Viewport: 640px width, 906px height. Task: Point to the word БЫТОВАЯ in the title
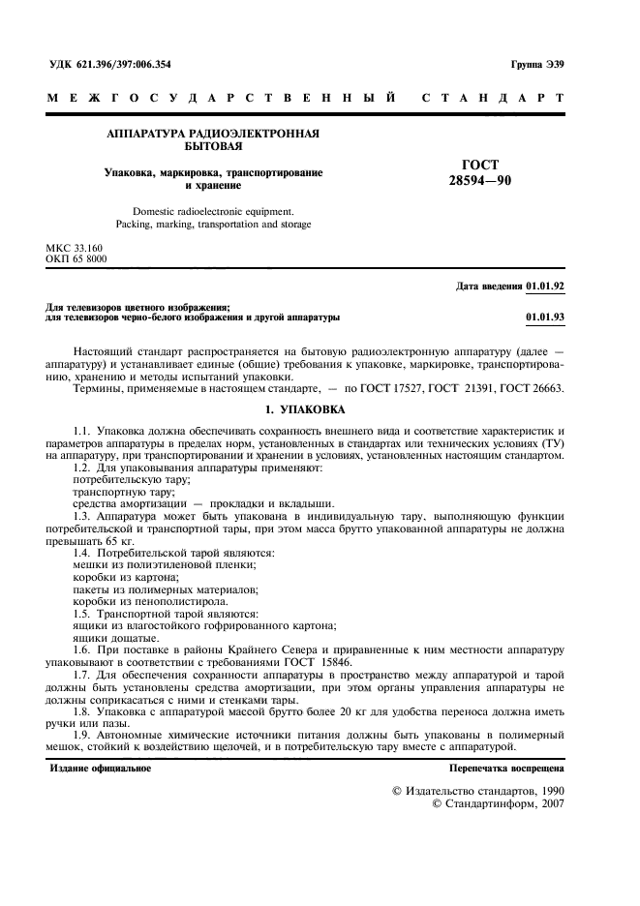point(213,147)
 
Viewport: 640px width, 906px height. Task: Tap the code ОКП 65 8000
point(77,259)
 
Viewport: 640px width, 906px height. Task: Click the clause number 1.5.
point(82,614)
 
